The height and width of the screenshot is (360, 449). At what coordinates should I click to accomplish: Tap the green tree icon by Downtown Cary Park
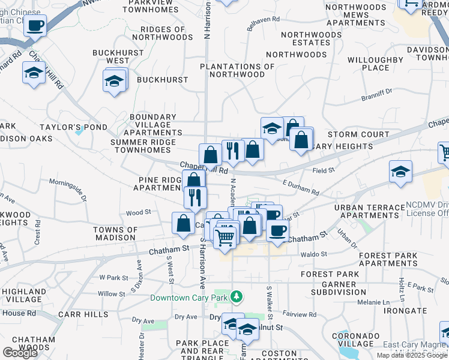coord(238,296)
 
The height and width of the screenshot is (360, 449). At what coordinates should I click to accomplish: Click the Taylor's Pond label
coord(73,128)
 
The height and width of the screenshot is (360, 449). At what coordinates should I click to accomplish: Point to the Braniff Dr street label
coord(376,91)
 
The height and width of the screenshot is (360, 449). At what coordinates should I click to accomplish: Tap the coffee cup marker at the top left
coord(35,26)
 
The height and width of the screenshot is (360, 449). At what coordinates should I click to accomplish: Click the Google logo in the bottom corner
coord(20,353)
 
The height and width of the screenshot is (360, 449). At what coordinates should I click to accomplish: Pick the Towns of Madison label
coord(115,233)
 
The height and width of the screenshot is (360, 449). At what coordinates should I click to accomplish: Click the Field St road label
coord(324,171)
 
